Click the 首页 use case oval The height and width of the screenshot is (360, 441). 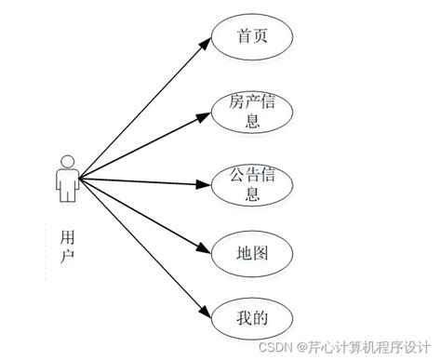point(253,37)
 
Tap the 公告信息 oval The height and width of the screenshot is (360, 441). point(253,183)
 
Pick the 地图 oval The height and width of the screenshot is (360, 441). point(253,251)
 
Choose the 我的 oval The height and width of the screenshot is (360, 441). point(253,318)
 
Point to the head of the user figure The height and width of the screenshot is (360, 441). point(66,158)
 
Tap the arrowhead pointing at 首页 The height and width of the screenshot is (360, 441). point(207,44)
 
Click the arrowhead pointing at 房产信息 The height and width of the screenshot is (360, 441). point(207,116)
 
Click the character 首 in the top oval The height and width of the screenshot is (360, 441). point(245,37)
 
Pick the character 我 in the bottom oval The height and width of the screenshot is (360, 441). point(245,318)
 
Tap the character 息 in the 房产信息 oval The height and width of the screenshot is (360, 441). point(253,120)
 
